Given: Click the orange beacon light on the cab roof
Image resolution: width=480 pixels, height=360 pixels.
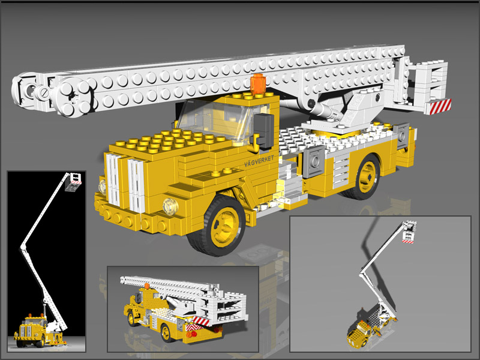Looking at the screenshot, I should (258, 84).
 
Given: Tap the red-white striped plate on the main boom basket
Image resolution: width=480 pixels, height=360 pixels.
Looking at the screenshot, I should (438, 106).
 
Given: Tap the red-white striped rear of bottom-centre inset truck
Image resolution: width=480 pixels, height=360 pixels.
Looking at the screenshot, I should (200, 325).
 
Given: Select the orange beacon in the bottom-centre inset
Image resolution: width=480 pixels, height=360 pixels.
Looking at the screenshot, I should (145, 286).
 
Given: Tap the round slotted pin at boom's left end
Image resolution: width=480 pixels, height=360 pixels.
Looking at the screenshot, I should (43, 94).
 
